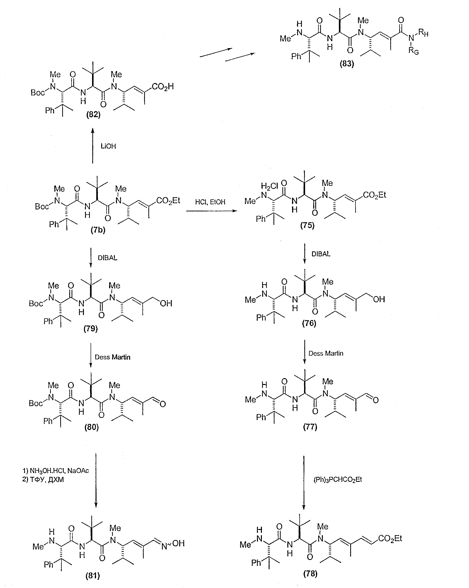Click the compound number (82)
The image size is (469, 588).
(93, 114)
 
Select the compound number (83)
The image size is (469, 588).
(347, 63)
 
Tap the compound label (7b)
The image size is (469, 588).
(98, 230)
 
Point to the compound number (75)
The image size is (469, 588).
(307, 225)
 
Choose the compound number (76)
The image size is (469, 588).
(309, 323)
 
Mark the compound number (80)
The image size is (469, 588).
(91, 427)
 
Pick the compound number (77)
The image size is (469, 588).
(310, 426)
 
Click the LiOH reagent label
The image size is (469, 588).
(108, 146)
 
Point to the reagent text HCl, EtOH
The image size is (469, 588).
(210, 202)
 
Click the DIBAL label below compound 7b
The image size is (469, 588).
(107, 258)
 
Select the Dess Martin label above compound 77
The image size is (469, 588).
(326, 353)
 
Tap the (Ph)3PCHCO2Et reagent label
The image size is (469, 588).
(338, 487)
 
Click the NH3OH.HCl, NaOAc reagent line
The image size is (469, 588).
(56, 470)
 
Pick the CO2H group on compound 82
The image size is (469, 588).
(162, 87)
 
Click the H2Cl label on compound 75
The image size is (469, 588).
(269, 186)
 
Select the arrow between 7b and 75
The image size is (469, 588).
(212, 211)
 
